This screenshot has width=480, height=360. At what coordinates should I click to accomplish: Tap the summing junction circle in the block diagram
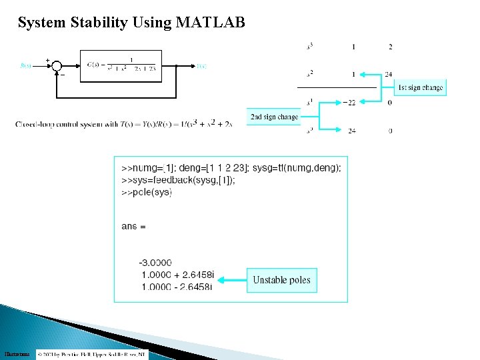(56, 66)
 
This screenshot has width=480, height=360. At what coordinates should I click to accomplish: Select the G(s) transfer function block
(121, 65)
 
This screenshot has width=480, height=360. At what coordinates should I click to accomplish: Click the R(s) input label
(26, 65)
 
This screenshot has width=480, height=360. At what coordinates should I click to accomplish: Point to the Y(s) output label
(201, 66)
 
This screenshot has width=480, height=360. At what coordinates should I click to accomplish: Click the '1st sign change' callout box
(420, 87)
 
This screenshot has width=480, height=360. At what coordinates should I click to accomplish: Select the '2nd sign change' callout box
(274, 117)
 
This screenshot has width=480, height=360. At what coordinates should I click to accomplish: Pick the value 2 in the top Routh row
(390, 47)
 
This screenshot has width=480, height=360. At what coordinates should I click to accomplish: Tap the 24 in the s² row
(389, 74)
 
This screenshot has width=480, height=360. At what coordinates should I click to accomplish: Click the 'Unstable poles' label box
(281, 280)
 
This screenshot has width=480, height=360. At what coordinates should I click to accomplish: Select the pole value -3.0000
(155, 263)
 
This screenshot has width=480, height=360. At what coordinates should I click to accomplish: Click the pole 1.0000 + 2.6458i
(177, 275)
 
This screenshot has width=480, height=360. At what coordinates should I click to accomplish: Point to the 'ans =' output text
(133, 227)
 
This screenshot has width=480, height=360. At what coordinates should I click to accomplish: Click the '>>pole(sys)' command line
(147, 192)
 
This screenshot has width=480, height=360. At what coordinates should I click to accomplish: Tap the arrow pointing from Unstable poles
(233, 280)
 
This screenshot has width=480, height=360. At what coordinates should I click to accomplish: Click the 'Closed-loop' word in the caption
(34, 125)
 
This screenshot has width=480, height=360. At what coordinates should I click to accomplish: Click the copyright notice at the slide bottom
(92, 354)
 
